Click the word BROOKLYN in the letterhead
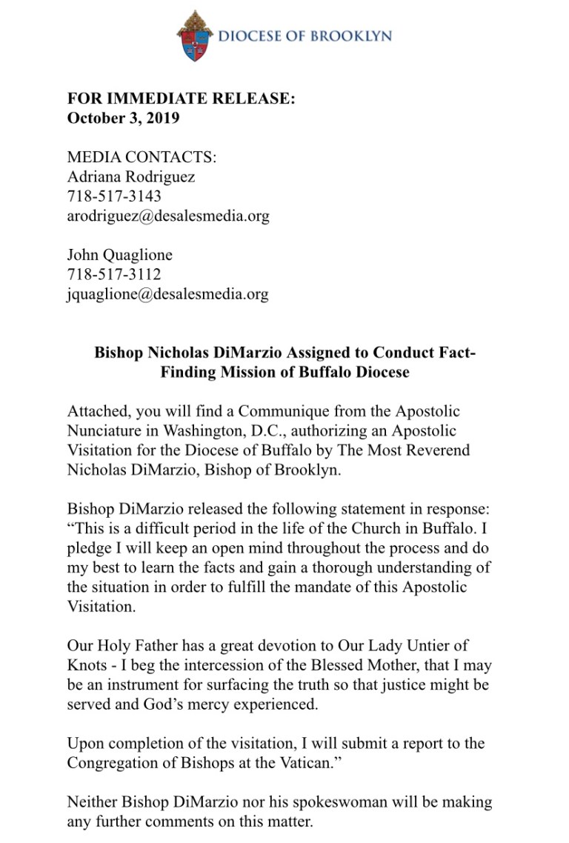point(353,36)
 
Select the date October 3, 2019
point(123,119)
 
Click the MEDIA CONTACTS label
point(142,157)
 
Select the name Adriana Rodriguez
point(131,177)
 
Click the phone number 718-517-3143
point(114,196)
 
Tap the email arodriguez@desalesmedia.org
point(168,216)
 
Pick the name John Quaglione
point(119,255)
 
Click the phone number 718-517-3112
point(114,274)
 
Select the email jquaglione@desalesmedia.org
point(167,294)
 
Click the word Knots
point(87,664)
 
